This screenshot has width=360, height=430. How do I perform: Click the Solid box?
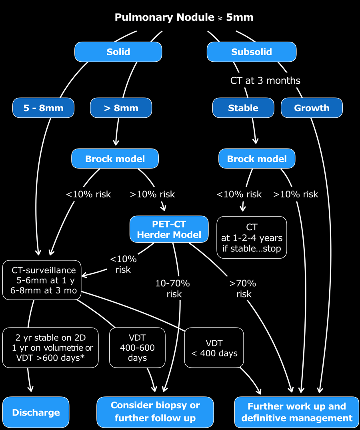pos(118,52)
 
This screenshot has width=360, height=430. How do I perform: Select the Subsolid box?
pos(252,52)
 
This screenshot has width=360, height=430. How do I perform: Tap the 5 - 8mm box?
pos(43,108)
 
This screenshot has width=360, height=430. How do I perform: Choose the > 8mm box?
pos(121,108)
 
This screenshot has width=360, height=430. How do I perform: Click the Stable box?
pos(243,108)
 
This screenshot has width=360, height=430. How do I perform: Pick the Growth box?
pos(312,108)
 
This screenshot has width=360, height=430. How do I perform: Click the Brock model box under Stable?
pos(257,159)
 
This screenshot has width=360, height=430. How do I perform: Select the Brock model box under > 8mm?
pos(115,159)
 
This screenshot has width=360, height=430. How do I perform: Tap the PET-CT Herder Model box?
pos(169,229)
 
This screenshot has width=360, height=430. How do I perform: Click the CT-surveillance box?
pos(42,280)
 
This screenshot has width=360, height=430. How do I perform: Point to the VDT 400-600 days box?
pos(137,348)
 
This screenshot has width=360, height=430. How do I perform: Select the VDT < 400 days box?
pos(214,348)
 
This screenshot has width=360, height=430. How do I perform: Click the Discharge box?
pos(36,412)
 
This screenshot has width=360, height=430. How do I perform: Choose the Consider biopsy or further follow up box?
pos(155,412)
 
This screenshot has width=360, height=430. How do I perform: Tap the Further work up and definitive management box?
pos(297,412)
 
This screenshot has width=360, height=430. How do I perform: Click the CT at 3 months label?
pos(265,80)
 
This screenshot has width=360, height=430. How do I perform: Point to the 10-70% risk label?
pos(173,289)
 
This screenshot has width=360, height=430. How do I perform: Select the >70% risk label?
pos(243,289)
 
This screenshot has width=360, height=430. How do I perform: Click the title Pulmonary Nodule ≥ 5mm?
pos(184,17)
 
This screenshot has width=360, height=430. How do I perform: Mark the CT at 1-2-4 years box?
pos(252,237)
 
